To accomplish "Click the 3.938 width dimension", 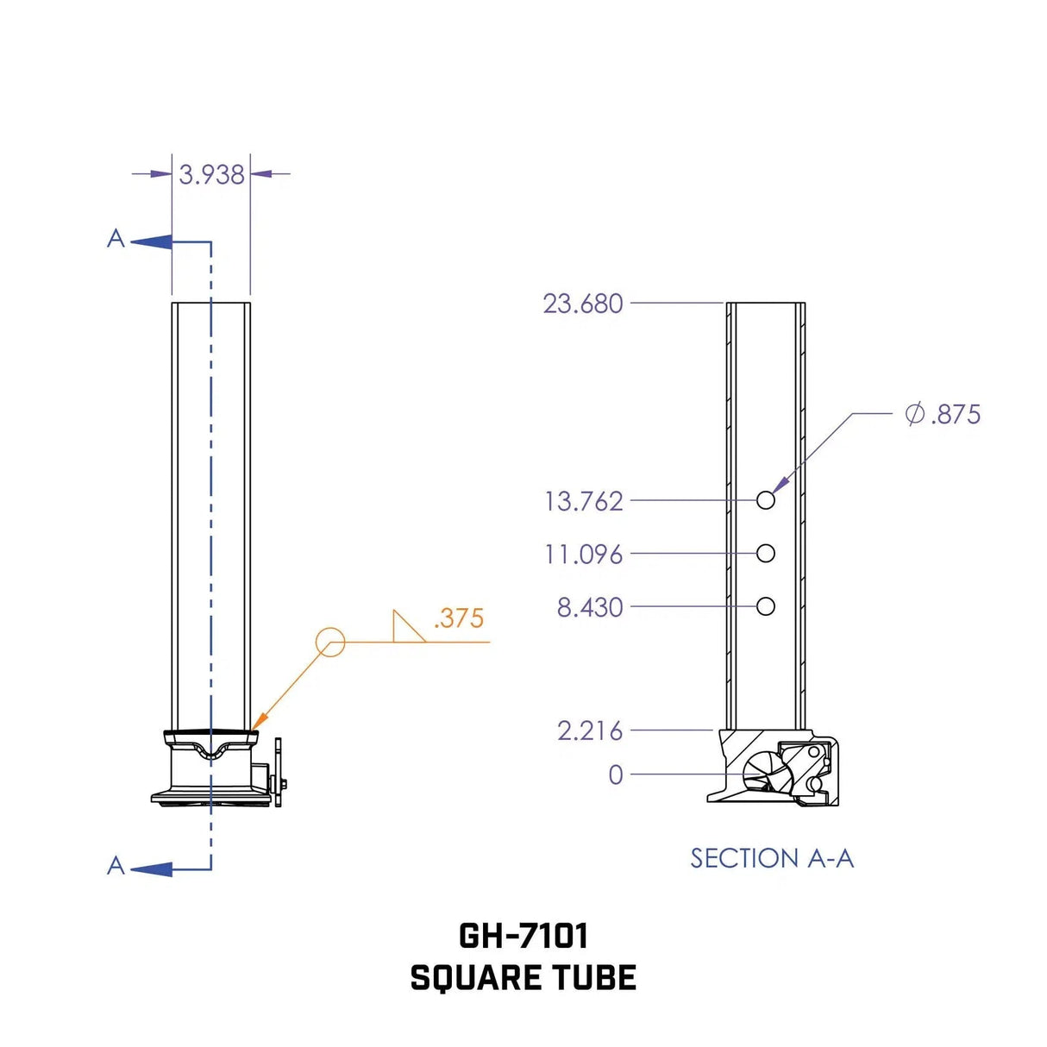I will point(211,175).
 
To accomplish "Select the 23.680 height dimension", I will point(582,304).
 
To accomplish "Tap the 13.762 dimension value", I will point(583,501).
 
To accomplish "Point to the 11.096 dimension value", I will point(583,555).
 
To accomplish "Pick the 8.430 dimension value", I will point(589,608).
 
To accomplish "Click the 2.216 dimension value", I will point(589,731).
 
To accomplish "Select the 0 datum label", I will point(615,775).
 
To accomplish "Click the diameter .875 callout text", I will point(943,415).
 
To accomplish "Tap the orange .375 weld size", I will point(458,618).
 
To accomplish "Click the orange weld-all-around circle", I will point(330,642).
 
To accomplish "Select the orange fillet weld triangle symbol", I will point(406,628).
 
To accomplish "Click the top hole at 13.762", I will point(765,500).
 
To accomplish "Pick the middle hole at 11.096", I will point(765,554).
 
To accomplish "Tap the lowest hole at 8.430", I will point(765,607).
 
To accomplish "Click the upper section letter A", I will point(116,239).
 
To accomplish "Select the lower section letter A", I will point(116,866).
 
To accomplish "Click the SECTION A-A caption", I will point(772,859).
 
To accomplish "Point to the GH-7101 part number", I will point(523,936).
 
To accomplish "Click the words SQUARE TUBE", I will point(523,978).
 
